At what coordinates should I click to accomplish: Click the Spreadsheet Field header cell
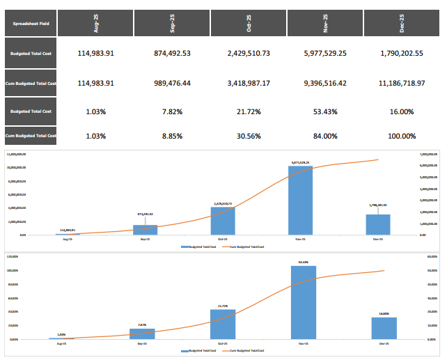29,24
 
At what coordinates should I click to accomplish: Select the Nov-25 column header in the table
325,24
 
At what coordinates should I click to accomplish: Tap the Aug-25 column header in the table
95,24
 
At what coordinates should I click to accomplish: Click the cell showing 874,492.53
172,54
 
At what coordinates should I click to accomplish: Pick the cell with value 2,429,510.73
249,54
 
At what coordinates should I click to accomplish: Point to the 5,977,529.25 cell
325,54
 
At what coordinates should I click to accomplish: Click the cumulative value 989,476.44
172,83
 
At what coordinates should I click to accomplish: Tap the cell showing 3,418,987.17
249,83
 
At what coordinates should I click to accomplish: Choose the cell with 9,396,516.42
325,83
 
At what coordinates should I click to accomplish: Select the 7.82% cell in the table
172,111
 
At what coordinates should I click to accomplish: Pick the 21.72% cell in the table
249,111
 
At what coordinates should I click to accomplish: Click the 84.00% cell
325,136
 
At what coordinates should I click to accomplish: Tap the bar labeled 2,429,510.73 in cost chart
223,221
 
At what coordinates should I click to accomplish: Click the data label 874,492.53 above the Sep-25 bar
144,214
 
